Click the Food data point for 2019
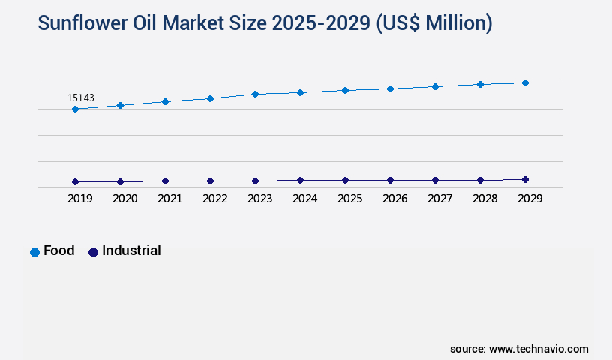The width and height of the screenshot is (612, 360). [75, 109]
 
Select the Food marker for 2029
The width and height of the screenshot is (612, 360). [525, 82]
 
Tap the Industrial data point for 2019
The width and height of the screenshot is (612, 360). [75, 181]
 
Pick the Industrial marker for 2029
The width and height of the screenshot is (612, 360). [525, 179]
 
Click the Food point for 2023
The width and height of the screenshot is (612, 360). [255, 94]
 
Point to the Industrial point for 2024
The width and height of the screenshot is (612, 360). [300, 180]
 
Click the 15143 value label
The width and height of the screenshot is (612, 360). [81, 97]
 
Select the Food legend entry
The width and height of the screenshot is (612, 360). [52, 251]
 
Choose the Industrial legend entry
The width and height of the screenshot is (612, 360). [124, 251]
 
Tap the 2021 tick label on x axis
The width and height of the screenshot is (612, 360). [169, 199]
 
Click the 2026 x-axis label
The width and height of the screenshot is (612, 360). [394, 199]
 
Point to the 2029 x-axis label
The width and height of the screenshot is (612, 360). [529, 199]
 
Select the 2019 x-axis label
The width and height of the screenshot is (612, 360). [79, 199]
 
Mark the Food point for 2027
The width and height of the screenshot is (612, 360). [435, 86]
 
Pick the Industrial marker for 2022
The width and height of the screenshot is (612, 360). [210, 181]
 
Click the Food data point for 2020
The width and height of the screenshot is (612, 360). [120, 105]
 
